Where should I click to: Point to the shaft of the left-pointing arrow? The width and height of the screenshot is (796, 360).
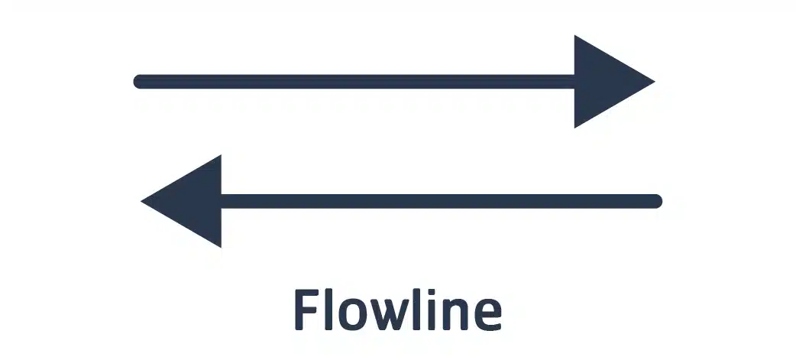pyautogui.click(x=442, y=201)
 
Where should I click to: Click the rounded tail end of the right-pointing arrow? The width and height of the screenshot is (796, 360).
pyautogui.click(x=137, y=81)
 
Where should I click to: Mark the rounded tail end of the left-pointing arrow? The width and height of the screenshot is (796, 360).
pyautogui.click(x=658, y=201)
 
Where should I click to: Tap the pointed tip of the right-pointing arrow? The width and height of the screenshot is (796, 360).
pyautogui.click(x=655, y=81)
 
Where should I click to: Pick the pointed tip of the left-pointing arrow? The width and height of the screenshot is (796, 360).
pyautogui.click(x=141, y=201)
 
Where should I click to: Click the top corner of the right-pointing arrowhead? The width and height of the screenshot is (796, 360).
pyautogui.click(x=574, y=35)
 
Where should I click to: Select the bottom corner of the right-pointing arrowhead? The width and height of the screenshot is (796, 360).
pyautogui.click(x=574, y=128)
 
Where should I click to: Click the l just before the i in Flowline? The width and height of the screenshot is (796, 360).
pyautogui.click(x=421, y=310)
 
